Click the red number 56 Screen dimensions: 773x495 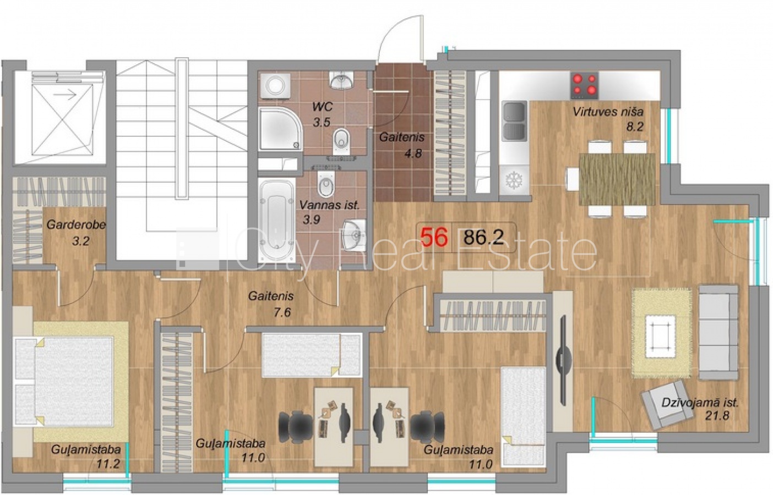434,237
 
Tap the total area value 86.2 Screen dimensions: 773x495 483,237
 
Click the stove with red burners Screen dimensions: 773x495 584,85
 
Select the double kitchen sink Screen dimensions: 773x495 514,122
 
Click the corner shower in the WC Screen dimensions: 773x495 280,129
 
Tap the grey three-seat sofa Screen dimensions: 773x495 718,332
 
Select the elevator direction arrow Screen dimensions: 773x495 69,94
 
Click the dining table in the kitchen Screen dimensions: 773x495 617,179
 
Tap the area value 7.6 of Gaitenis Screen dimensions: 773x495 282,312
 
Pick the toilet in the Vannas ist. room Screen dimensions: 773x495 326,184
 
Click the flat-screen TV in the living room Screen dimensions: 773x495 563,360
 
